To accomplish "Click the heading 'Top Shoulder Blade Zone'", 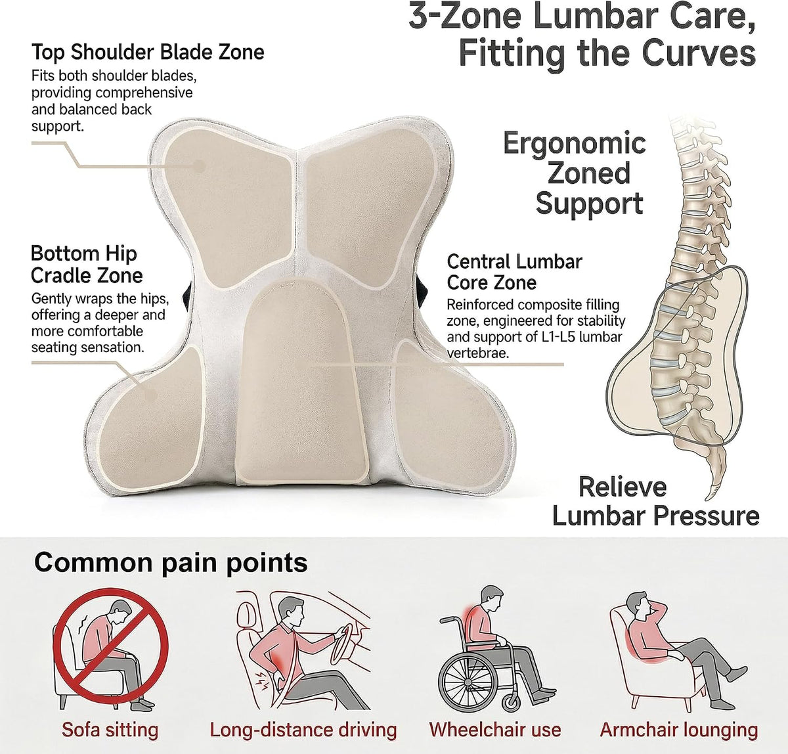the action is [x=148, y=53].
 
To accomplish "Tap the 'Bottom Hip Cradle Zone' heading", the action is [x=87, y=265].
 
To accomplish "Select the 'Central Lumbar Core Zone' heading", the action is [x=514, y=272].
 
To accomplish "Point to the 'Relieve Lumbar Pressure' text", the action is [x=655, y=502].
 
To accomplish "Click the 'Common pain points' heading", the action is [x=171, y=562].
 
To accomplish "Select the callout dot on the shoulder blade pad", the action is [x=199, y=166].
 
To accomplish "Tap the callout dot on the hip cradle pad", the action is [x=150, y=395].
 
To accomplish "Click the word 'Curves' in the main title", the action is [x=699, y=53].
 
